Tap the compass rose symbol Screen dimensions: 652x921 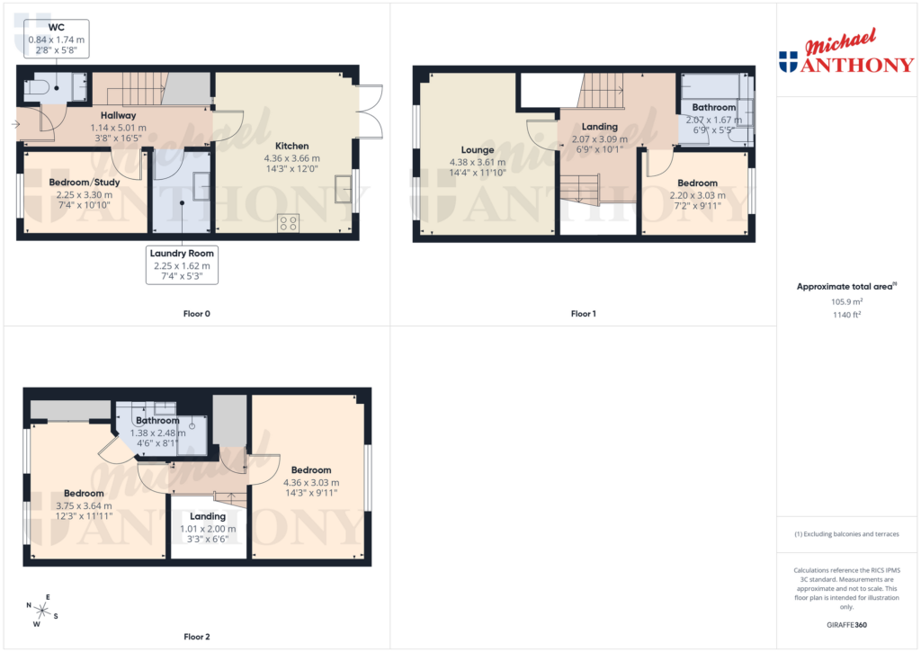click(x=41, y=611)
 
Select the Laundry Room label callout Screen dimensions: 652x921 click(x=183, y=265)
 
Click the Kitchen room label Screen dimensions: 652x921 click(x=291, y=146)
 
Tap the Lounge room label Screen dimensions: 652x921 click(x=478, y=150)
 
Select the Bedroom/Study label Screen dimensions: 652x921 click(x=85, y=183)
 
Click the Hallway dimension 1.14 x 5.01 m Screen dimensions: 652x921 click(x=118, y=128)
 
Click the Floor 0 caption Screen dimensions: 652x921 click(x=196, y=314)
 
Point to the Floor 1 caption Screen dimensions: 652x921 click(x=583, y=314)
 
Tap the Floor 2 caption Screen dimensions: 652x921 click(x=196, y=637)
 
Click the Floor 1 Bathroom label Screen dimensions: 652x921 click(x=713, y=108)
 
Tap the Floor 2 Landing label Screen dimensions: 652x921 click(x=208, y=516)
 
